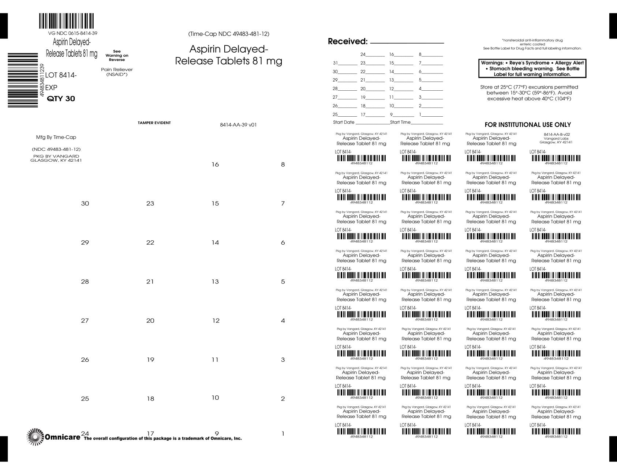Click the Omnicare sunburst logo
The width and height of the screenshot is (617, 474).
tap(35, 437)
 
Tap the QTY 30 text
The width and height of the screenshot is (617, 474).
tap(61, 99)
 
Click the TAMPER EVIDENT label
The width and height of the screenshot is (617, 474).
tap(154, 123)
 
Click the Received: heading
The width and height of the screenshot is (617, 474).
tap(347, 41)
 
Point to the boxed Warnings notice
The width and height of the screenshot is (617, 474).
tap(532, 68)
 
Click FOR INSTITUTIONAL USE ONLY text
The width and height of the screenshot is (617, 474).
tap(527, 125)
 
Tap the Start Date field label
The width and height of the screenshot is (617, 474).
tap(344, 122)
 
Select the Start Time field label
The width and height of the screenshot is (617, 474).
tap(400, 122)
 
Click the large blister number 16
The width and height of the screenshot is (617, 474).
tap(215, 165)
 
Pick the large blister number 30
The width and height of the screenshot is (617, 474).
tap(85, 203)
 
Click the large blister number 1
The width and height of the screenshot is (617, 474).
tap(283, 434)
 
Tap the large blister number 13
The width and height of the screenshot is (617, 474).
tap(215, 282)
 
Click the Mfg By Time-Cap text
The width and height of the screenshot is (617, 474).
tap(56, 137)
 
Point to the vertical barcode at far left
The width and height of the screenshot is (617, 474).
tap(23, 80)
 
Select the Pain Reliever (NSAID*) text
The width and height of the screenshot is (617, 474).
tap(117, 72)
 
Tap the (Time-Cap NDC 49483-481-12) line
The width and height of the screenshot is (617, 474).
tap(229, 34)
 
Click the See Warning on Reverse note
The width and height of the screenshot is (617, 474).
tap(117, 56)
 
